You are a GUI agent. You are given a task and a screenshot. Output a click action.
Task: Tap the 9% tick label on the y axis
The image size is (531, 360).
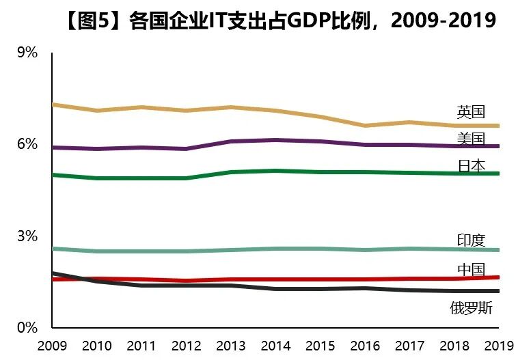tap(27, 53)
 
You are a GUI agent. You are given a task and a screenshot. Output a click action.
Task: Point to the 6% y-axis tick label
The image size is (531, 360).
tap(27, 145)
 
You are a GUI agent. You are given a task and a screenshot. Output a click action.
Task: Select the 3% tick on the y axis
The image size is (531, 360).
tap(27, 236)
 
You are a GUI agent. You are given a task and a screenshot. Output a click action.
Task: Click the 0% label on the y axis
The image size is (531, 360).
tap(27, 328)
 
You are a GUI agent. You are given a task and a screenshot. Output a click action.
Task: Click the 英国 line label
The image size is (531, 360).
tap(471, 112)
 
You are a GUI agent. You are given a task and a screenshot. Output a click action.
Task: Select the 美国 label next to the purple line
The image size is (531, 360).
tap(471, 139)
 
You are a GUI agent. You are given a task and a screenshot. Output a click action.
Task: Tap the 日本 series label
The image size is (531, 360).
tap(471, 165)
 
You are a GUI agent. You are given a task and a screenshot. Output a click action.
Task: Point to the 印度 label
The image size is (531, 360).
tap(471, 240)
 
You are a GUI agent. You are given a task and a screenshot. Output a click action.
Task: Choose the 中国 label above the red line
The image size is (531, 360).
tap(471, 269)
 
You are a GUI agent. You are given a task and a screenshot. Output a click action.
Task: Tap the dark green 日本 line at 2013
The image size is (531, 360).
tap(230, 172)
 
